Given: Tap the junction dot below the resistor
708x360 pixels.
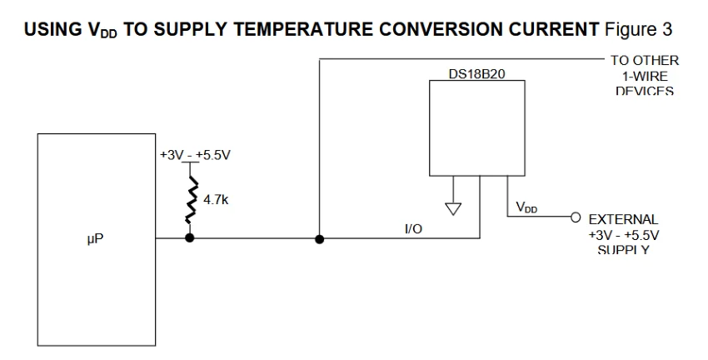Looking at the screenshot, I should point(191,238).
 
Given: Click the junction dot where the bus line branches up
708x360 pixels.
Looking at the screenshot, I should point(319,238).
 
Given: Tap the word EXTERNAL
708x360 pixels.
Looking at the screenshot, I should point(624,220).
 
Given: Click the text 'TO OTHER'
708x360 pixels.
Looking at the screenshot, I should point(646,60).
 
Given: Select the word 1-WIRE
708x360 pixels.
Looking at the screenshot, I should point(645,75).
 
